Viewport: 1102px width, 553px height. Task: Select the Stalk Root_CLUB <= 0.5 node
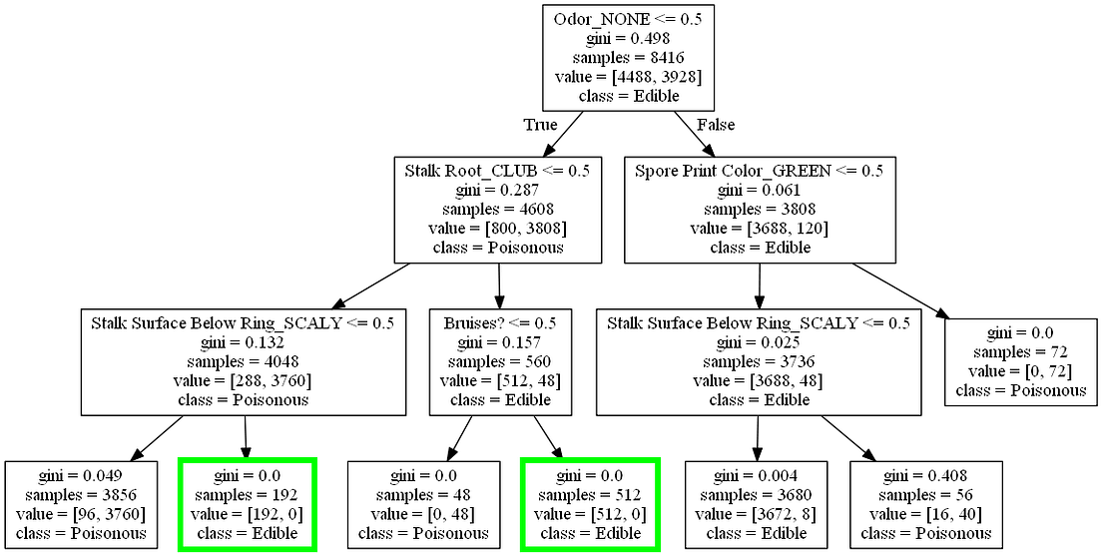[497, 209]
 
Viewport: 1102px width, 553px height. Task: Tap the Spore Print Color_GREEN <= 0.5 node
[759, 209]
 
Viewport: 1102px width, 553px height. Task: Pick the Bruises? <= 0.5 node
[502, 361]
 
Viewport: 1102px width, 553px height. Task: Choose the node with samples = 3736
[758, 361]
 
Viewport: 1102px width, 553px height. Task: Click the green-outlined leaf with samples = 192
[247, 504]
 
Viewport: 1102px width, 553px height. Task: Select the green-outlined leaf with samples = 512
[589, 504]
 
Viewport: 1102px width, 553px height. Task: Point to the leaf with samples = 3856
[81, 504]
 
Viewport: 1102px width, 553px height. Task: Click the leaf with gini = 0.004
[756, 504]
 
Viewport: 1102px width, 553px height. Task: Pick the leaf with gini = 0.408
[926, 504]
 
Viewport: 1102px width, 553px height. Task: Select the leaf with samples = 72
[1020, 361]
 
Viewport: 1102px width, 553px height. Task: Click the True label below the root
[540, 125]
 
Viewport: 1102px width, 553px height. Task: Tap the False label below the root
[715, 125]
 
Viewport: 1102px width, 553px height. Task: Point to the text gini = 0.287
[497, 189]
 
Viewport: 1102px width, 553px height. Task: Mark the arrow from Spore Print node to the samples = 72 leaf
[898, 287]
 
